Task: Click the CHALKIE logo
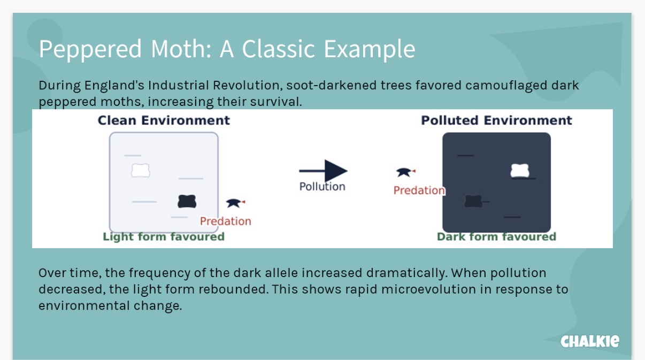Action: (590, 341)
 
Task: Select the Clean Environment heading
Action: (164, 120)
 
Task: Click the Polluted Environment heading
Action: (496, 120)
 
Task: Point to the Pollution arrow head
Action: (336, 171)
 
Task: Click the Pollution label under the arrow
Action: (322, 187)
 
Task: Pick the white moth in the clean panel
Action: (141, 170)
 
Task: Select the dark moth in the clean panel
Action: (187, 201)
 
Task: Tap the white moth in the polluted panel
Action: (520, 171)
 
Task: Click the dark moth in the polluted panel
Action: (473, 201)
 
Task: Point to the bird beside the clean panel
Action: (235, 203)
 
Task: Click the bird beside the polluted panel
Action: (405, 172)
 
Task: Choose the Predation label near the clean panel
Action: (226, 221)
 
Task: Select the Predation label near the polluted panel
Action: (419, 190)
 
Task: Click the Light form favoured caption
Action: (164, 237)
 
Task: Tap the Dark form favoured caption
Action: (496, 237)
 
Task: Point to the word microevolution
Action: (428, 289)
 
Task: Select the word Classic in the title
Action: (278, 49)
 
